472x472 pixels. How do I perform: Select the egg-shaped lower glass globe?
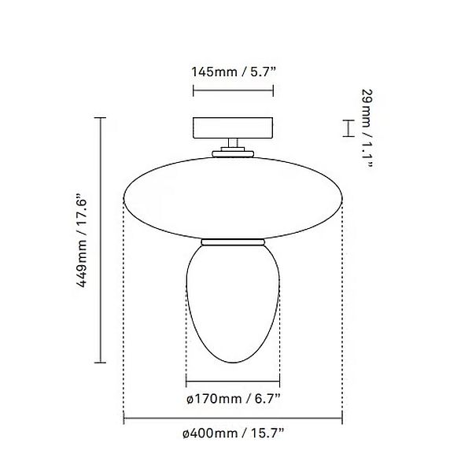232,307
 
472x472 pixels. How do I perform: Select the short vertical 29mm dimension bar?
345,127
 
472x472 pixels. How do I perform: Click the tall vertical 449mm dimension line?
100,240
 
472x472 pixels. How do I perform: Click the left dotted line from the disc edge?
123,315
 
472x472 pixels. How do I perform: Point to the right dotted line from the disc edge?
343,315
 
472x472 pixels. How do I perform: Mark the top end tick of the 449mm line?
100,117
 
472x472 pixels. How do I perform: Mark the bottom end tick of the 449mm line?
100,363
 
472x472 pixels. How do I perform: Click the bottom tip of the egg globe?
232,363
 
